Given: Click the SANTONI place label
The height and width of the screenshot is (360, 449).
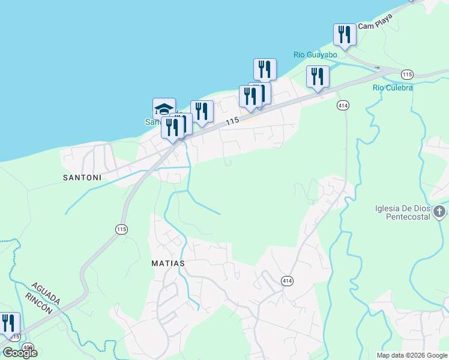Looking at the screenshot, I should click(80, 178).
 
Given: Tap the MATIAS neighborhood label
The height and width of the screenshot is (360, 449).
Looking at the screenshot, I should click(168, 263).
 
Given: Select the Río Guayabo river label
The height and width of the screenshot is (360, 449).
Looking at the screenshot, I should click(315, 55).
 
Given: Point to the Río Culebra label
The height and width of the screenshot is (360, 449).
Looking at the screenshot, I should click(393, 88).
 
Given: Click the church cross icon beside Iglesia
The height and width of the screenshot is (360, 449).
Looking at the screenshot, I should click(440, 211).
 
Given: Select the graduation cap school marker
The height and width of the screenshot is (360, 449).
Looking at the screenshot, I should click(164, 109).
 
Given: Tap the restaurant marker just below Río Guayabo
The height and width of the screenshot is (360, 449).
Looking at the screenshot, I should click(318, 77).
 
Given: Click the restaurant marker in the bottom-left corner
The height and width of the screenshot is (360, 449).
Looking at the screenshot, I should click(8, 323).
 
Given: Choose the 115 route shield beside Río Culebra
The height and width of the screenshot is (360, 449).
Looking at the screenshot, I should click(408, 74).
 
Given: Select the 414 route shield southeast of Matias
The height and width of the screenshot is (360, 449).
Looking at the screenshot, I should click(286, 280).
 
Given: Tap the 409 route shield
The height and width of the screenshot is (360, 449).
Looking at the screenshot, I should click(28, 347).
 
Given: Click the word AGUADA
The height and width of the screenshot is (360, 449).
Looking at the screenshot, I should click(46, 293).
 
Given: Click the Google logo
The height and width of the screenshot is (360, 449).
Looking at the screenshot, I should click(19, 353).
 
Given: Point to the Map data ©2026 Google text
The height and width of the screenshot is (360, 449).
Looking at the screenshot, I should click(412, 355).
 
